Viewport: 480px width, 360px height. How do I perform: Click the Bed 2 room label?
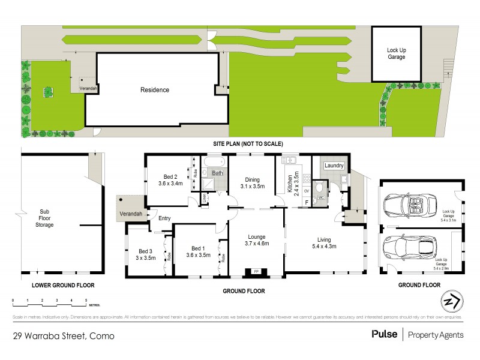point(170,176)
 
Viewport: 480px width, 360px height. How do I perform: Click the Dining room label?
point(252,179)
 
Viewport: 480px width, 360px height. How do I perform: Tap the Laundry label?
point(333,166)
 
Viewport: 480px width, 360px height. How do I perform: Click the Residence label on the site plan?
point(155,90)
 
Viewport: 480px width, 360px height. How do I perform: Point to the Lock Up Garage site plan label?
point(396,54)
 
